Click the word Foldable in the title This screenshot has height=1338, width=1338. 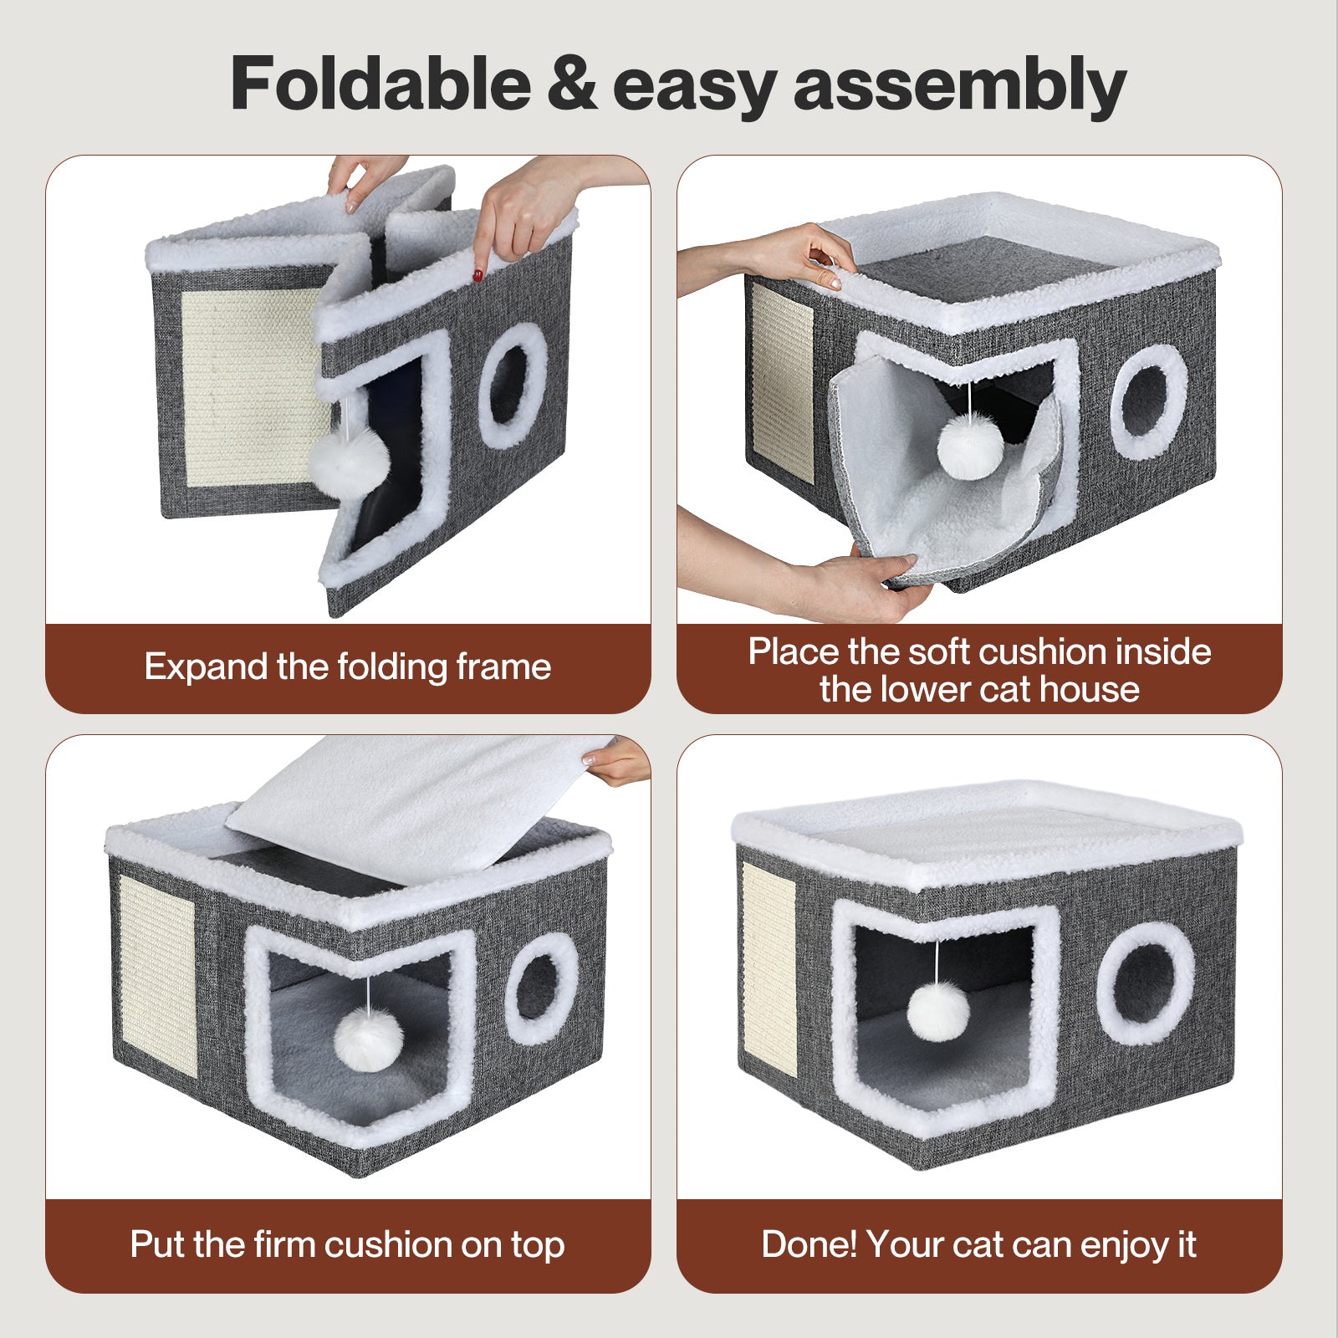380,84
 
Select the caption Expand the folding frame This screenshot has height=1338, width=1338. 348,667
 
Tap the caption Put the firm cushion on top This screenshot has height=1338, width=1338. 348,1244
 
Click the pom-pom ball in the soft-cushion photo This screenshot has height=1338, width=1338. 969,446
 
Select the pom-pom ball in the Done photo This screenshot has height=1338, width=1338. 938,1012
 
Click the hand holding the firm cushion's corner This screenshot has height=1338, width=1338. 617,761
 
